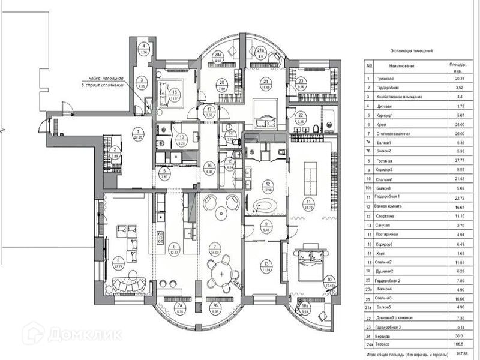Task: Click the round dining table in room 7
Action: tap(223, 274)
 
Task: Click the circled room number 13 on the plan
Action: tap(266, 263)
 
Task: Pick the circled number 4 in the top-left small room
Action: tap(144, 47)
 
